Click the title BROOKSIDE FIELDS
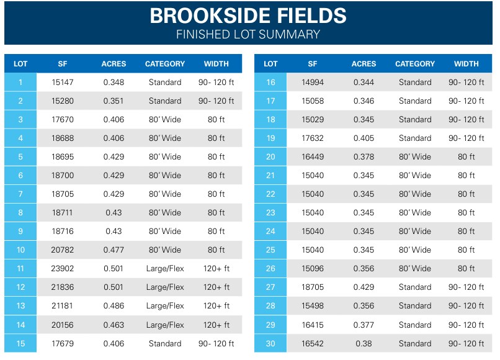click(248, 16)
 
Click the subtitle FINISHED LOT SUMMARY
click(248, 34)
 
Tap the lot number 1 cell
click(20, 83)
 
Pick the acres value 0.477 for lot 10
click(114, 250)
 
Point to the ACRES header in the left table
click(114, 64)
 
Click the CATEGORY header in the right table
click(415, 64)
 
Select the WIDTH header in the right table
click(466, 64)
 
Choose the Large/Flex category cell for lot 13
click(165, 306)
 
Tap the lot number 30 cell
click(270, 343)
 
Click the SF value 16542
click(313, 343)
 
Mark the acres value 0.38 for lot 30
click(364, 343)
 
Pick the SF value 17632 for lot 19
click(313, 138)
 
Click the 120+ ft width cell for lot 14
click(216, 325)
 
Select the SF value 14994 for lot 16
click(313, 83)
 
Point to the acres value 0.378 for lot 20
click(364, 157)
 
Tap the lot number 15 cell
click(20, 343)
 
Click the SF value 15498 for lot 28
click(313, 306)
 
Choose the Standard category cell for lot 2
click(165, 101)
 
